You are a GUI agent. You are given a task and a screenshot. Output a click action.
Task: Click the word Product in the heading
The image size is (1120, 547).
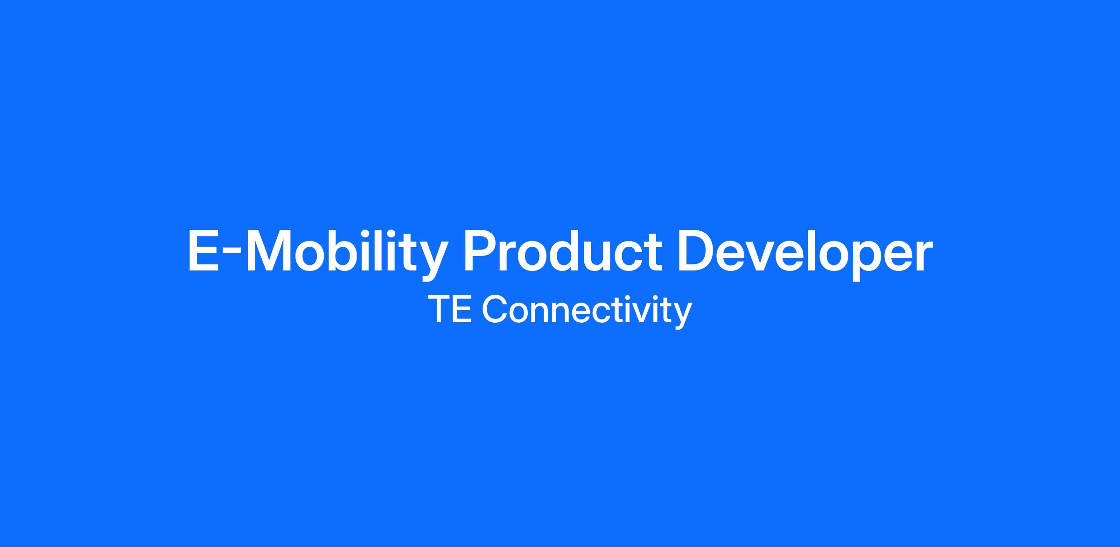(x=562, y=251)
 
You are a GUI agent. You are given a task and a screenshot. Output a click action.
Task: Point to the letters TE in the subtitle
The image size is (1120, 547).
(x=449, y=309)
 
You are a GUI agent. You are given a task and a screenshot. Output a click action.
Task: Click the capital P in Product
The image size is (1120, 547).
(x=480, y=251)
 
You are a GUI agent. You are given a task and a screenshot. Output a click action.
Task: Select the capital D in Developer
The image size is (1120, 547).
(x=696, y=251)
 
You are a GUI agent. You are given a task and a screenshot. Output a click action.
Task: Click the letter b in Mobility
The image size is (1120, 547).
(x=353, y=251)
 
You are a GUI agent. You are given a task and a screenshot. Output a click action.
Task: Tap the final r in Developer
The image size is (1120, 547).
(x=923, y=256)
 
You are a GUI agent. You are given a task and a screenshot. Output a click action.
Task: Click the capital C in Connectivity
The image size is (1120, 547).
(x=494, y=309)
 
